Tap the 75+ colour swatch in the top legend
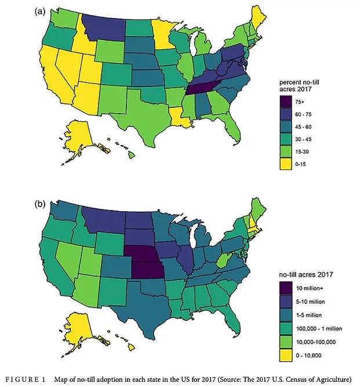(286, 102)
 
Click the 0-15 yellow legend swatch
(286, 164)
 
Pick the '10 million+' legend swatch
(286, 288)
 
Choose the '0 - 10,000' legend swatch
(286, 356)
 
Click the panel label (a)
(40, 12)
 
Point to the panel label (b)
(40, 204)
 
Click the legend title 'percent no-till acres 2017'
(299, 85)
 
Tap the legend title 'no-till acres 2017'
(306, 274)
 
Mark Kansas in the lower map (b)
(148, 270)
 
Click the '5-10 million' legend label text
(310, 302)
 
